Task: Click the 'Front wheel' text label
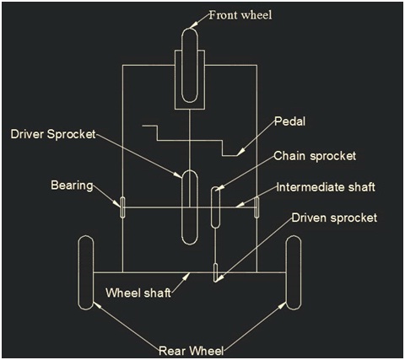click(240, 15)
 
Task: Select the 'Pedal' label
click(290, 121)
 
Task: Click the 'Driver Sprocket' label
click(53, 134)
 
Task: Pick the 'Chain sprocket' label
click(315, 156)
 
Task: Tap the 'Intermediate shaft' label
click(326, 187)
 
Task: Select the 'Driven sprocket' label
click(334, 218)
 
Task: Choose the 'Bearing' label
click(72, 185)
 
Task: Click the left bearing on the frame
click(122, 207)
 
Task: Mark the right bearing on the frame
click(256, 207)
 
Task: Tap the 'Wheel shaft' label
click(138, 293)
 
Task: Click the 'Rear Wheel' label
click(192, 351)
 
